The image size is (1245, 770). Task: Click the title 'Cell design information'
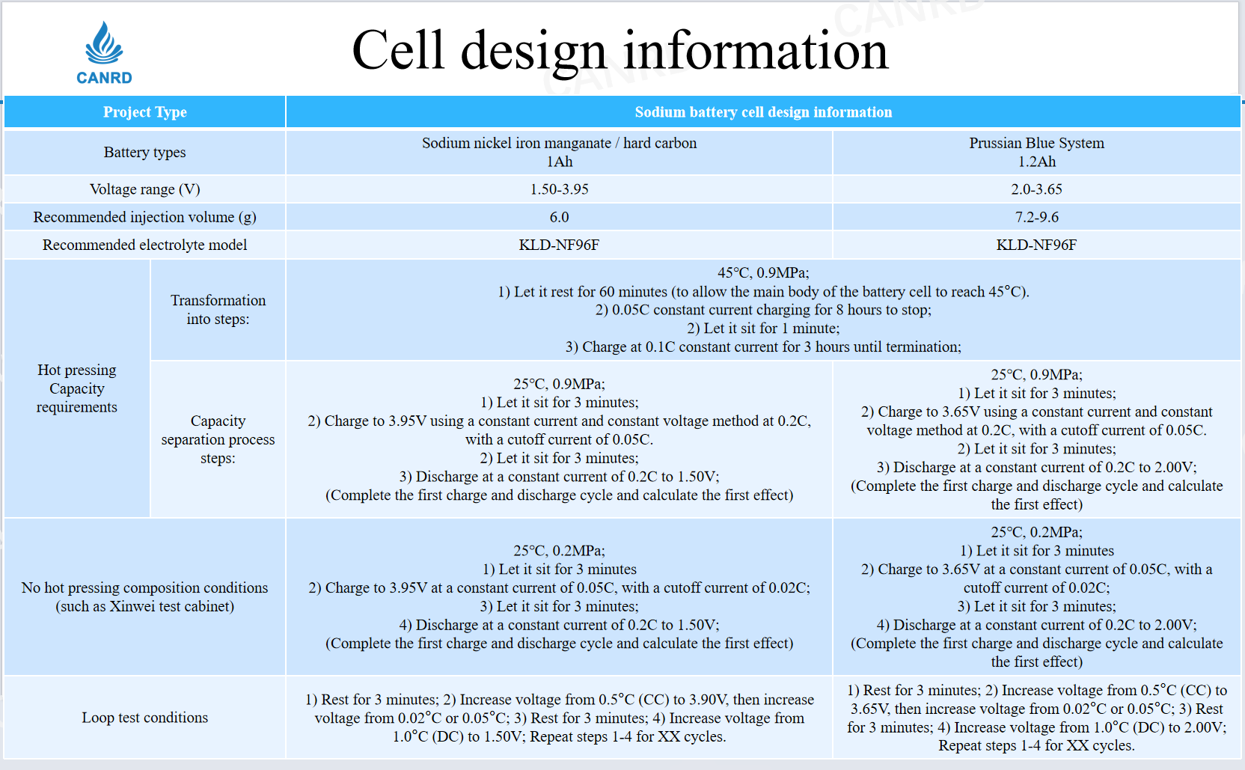[620, 51]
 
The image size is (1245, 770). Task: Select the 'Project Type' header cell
[144, 111]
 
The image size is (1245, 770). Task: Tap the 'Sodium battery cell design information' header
[763, 111]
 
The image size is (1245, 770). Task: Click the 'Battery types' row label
[144, 152]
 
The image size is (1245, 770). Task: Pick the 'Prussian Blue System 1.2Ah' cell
[1036, 152]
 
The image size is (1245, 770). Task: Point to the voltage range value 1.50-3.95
[559, 189]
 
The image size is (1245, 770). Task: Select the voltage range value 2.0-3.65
[1036, 189]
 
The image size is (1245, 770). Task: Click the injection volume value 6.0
[559, 217]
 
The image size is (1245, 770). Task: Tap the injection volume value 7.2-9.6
[1036, 217]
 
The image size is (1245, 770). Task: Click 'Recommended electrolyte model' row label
[144, 245]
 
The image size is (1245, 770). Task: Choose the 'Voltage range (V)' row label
[144, 189]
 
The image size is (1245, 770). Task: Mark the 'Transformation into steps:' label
[218, 310]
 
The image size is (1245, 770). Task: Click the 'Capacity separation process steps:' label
[218, 439]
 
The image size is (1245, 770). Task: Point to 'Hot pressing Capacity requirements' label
[77, 388]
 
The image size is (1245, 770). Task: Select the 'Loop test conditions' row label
[144, 717]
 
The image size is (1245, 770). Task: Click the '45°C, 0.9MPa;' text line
[763, 272]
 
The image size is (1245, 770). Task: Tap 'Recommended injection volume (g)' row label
[144, 217]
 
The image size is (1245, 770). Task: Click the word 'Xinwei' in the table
[132, 606]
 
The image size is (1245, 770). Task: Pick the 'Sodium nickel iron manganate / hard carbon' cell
[559, 152]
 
